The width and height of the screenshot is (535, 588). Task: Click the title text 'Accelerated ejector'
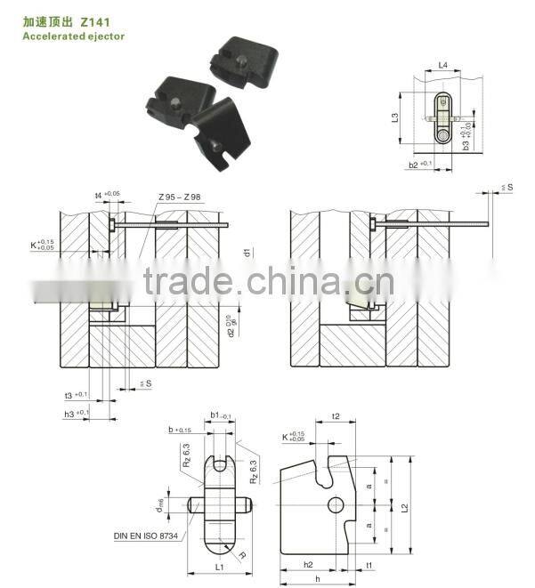coord(73,36)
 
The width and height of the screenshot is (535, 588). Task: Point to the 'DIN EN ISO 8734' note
coord(147,536)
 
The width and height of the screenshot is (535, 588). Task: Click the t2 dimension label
coord(336,415)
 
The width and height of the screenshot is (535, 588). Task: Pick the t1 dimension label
coord(369,565)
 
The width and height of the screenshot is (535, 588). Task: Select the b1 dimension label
coord(215,415)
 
